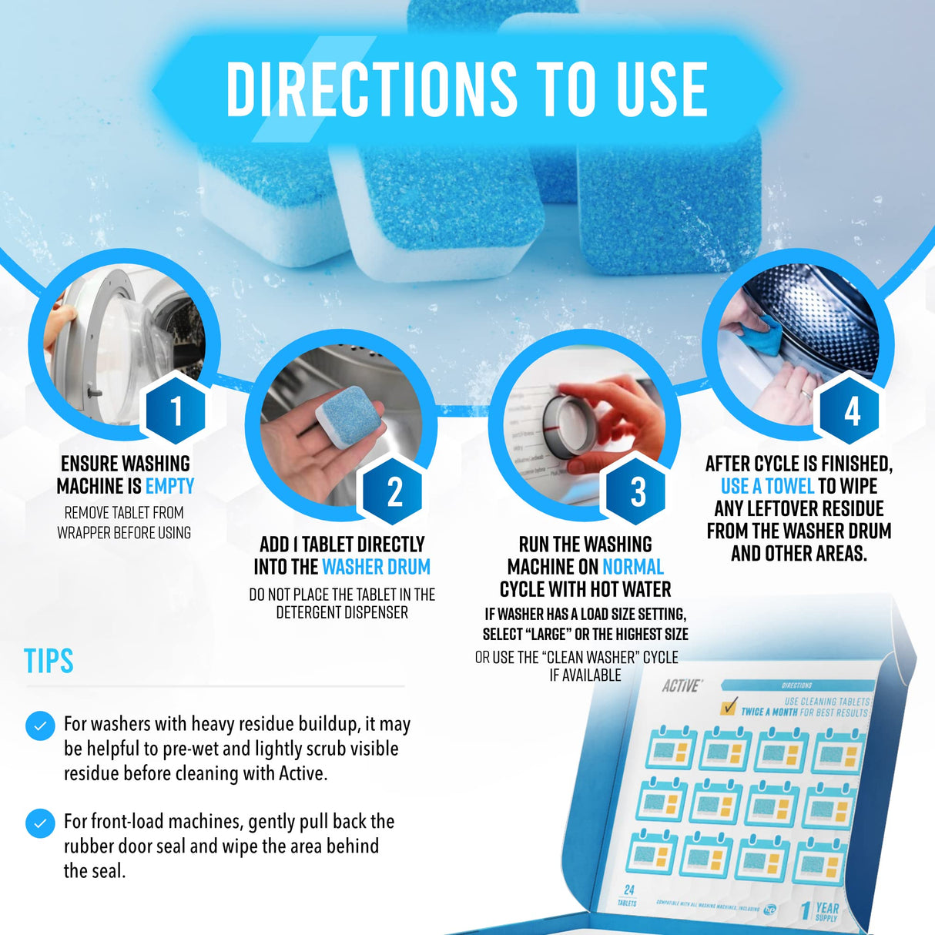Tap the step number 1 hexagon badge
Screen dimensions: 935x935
tap(176, 411)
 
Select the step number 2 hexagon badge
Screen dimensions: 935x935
tap(394, 491)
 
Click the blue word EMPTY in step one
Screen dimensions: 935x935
tap(169, 487)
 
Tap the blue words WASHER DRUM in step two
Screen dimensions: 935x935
tap(376, 568)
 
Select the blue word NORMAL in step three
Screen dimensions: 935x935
tap(632, 568)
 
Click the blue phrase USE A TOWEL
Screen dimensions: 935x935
tap(767, 487)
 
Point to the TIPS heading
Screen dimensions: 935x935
tap(49, 662)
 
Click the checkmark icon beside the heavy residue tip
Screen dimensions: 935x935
tap(40, 726)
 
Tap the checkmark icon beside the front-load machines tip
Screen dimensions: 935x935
tap(40, 823)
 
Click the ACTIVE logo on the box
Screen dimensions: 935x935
tap(682, 685)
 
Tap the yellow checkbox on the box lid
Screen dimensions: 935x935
tap(727, 706)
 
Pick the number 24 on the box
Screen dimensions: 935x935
tap(628, 890)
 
